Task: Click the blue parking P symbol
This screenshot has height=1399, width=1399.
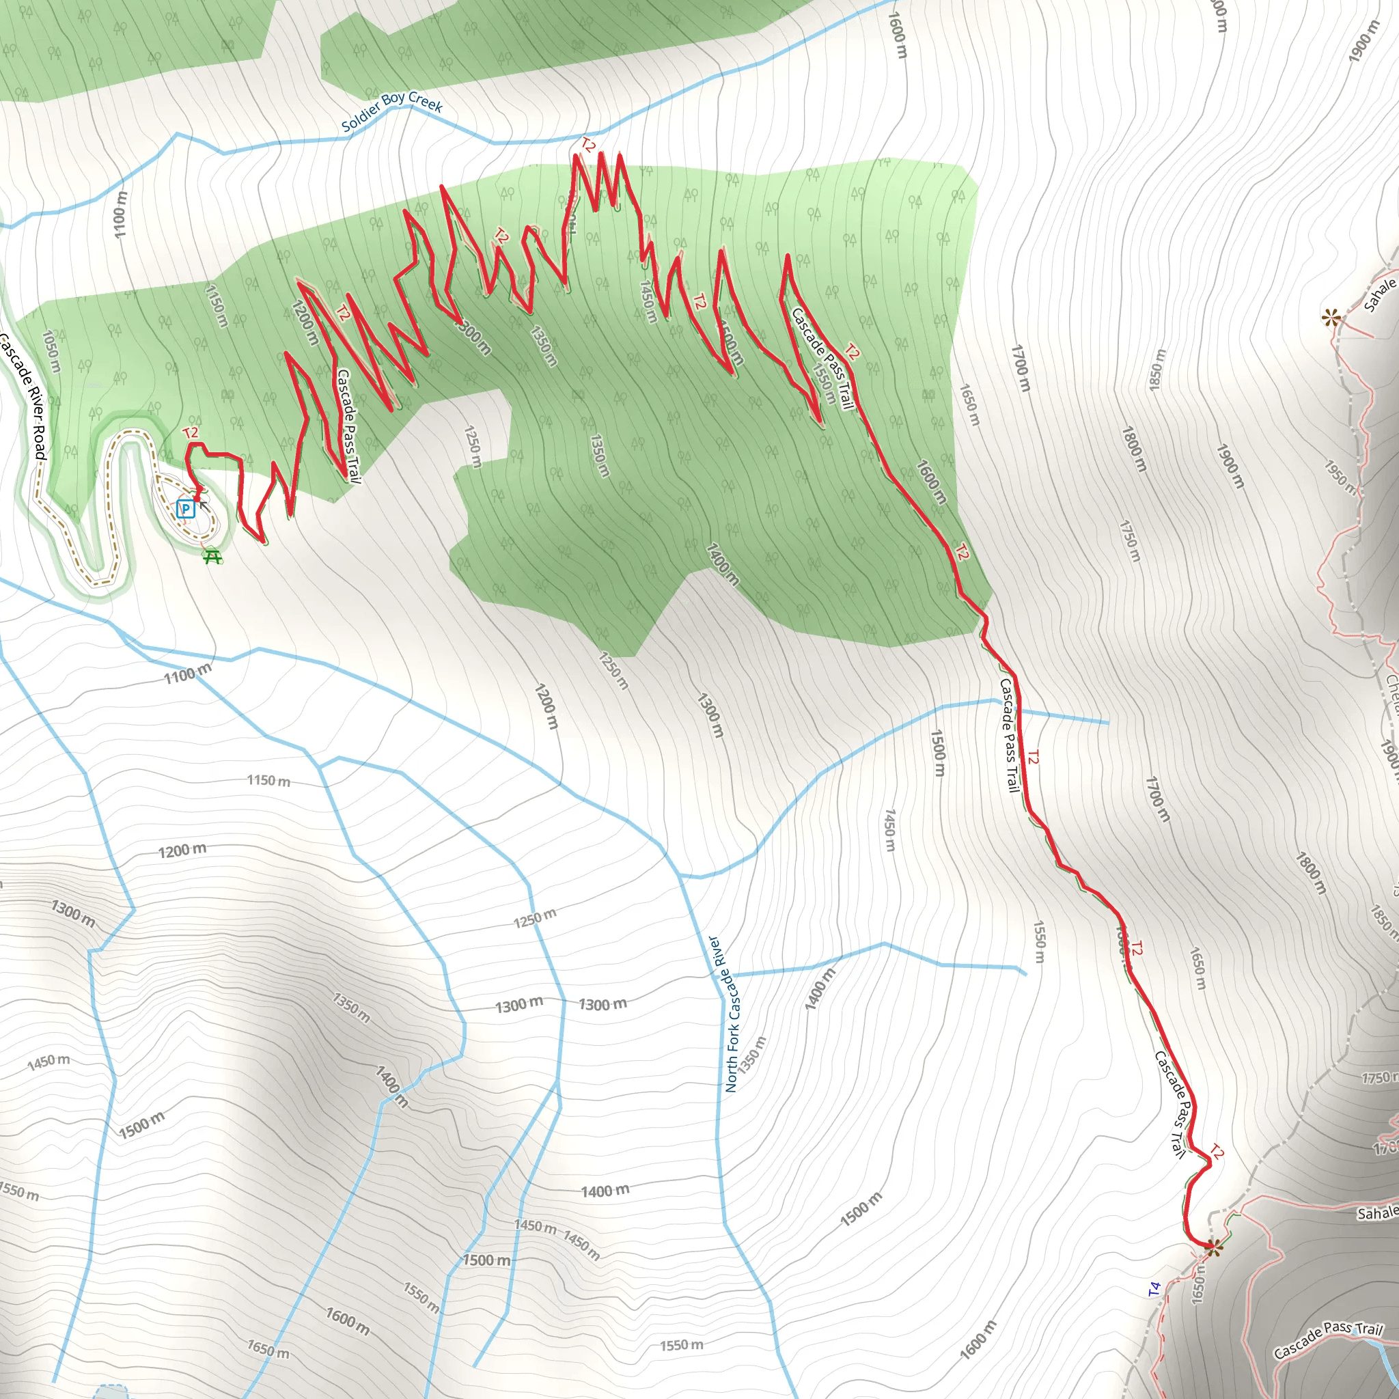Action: point(185,508)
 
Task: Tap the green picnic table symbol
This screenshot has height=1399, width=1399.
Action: point(212,556)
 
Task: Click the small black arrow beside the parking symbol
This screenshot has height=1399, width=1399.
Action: point(203,505)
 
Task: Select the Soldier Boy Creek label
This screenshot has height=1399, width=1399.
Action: point(391,111)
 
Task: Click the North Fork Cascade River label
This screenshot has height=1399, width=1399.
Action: point(732,1014)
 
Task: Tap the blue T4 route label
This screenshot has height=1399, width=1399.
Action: point(1154,1289)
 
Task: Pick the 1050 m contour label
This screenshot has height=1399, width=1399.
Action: point(51,351)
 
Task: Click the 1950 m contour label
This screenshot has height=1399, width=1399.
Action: point(1340,477)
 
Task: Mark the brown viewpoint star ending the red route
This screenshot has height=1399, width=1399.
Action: point(1215,1246)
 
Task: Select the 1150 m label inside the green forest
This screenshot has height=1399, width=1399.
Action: point(217,305)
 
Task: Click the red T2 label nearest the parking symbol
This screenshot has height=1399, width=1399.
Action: point(191,433)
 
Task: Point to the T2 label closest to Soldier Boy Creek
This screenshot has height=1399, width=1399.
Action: point(588,146)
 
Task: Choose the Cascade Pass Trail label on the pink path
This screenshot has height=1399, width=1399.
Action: point(1328,1340)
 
